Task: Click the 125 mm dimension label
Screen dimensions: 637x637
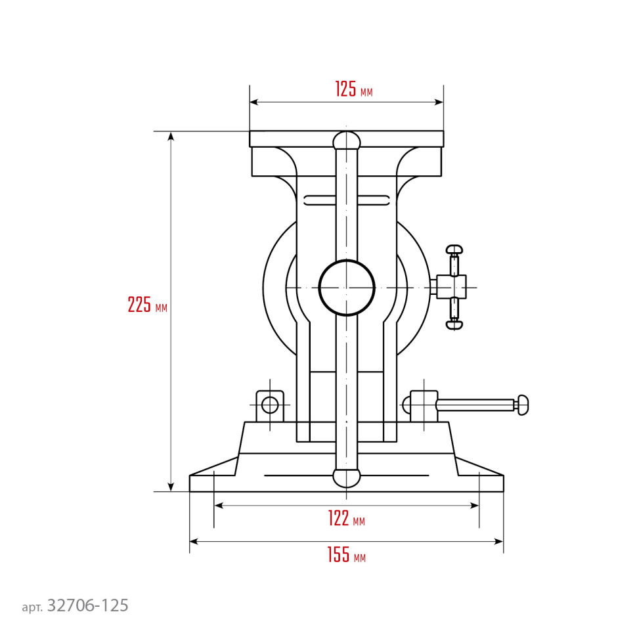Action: tap(353, 89)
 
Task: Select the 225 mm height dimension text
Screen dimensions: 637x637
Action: tap(148, 304)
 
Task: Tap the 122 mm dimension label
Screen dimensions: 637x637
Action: tap(347, 518)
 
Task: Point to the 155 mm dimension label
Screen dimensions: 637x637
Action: tap(347, 554)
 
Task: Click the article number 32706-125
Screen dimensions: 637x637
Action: tap(88, 605)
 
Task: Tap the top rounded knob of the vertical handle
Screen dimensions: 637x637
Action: tap(347, 140)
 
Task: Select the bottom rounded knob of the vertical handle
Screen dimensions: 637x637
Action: tap(347, 478)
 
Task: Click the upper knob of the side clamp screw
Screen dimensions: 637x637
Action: tap(454, 249)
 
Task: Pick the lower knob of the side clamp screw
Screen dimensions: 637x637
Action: tap(454, 324)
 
